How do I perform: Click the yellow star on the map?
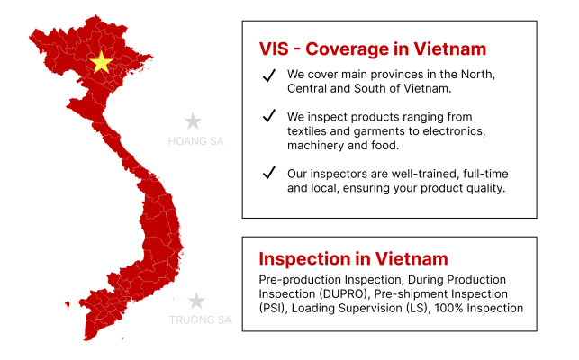pyautogui.click(x=102, y=62)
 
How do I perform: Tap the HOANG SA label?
pyautogui.click(x=195, y=141)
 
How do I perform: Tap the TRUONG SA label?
pyautogui.click(x=200, y=319)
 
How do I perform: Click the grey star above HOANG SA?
pyautogui.click(x=193, y=121)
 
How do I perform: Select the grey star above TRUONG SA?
pyautogui.click(x=196, y=301)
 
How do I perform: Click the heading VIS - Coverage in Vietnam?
pyautogui.click(x=372, y=49)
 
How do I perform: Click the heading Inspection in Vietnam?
pyautogui.click(x=353, y=258)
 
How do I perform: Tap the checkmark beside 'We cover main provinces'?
pyautogui.click(x=267, y=76)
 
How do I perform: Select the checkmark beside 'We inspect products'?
pyautogui.click(x=267, y=117)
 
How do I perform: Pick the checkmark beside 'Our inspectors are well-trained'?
pyautogui.click(x=267, y=173)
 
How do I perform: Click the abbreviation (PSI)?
pyautogui.click(x=273, y=308)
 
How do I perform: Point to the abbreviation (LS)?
pyautogui.click(x=427, y=308)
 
